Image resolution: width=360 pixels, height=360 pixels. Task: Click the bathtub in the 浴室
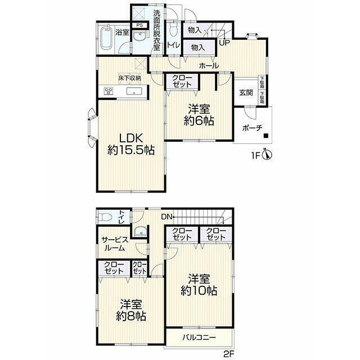click(x=107, y=38)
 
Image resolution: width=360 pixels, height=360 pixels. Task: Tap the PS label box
click(x=139, y=25)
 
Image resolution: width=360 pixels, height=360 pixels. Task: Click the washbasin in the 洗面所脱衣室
click(x=139, y=36)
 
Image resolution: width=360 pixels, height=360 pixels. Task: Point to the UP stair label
click(x=224, y=43)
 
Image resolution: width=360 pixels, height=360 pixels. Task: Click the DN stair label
click(x=166, y=217)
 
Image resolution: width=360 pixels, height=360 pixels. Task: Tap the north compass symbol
click(x=268, y=155)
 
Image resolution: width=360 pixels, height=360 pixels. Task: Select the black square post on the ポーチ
click(x=266, y=136)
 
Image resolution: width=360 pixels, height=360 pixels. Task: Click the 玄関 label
click(x=246, y=93)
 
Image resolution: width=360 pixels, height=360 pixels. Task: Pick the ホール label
click(x=209, y=66)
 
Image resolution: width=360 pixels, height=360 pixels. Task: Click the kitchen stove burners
click(x=108, y=91)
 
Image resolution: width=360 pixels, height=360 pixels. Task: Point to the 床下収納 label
click(x=129, y=78)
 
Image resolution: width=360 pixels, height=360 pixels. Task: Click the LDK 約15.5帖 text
click(x=131, y=144)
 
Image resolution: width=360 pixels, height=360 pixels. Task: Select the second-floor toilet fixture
click(x=105, y=217)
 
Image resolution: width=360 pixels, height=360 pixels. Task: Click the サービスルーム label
click(x=115, y=244)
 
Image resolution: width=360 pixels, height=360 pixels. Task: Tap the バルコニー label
click(x=199, y=337)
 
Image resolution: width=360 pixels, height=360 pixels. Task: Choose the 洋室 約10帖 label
click(x=199, y=285)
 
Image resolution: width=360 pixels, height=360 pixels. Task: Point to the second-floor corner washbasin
click(x=140, y=231)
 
